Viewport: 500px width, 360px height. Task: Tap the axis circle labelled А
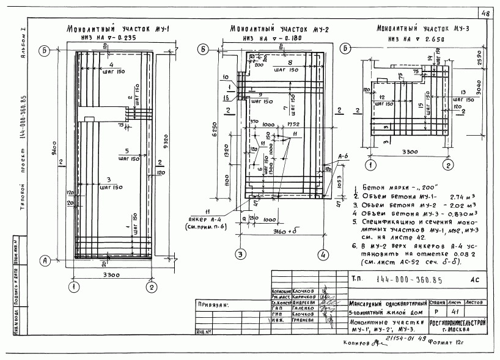point(44,259)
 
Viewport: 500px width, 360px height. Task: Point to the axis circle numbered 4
point(321,254)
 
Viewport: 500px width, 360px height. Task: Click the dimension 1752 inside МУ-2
point(292,125)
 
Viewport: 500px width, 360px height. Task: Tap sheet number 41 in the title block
point(454,312)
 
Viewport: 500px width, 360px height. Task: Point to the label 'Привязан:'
point(212,304)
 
